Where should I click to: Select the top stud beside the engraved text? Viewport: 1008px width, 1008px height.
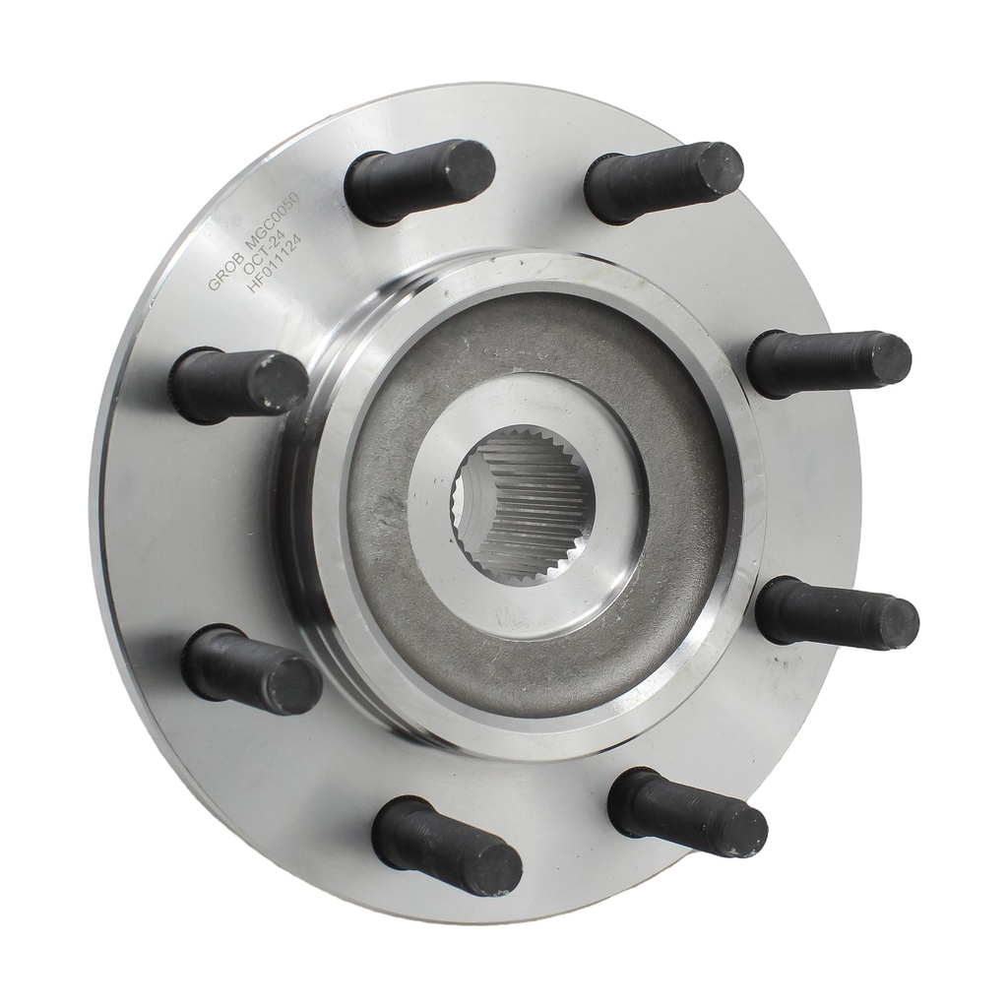(418, 181)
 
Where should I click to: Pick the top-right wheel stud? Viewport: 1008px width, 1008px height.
(663, 182)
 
